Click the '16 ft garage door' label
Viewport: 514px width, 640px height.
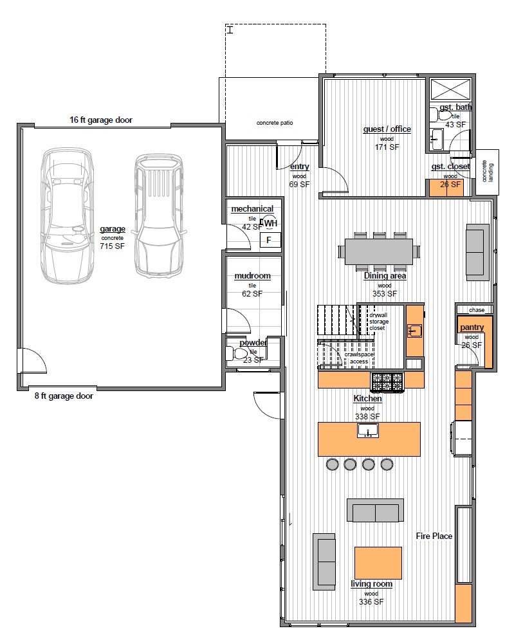point(101,120)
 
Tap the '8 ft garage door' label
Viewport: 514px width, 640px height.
point(64,396)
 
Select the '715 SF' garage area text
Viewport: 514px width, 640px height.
point(113,246)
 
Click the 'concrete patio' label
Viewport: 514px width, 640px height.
point(275,122)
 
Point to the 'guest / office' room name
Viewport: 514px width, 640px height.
point(387,129)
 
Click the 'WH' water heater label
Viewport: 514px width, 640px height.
point(270,223)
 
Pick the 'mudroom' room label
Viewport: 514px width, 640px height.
point(252,275)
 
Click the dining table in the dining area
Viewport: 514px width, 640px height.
point(379,251)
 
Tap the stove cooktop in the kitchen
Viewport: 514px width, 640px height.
point(387,383)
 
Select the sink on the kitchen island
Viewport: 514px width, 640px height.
point(368,430)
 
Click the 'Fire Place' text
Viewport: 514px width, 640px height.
point(434,536)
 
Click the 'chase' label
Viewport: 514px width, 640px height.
point(477,310)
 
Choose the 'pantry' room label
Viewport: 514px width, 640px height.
point(472,327)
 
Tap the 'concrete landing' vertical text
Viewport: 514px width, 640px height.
point(488,171)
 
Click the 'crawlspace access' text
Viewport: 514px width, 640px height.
point(359,358)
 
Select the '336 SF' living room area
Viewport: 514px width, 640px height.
point(371,602)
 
